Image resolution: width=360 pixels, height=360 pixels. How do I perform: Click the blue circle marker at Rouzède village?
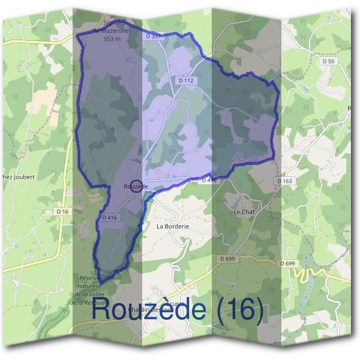[136, 186]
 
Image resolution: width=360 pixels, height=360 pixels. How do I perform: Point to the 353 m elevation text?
[112, 40]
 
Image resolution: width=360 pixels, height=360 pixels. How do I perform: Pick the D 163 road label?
[285, 181]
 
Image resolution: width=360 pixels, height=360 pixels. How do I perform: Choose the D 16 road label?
[62, 211]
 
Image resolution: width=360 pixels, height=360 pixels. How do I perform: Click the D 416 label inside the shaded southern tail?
[109, 217]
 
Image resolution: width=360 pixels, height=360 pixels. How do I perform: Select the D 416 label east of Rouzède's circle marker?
[209, 179]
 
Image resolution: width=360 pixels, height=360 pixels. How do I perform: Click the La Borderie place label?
[173, 227]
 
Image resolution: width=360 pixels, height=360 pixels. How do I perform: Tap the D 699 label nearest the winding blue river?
[287, 263]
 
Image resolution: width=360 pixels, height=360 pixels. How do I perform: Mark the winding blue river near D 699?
[311, 273]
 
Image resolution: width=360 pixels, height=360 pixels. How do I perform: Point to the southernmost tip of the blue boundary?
[100, 282]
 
